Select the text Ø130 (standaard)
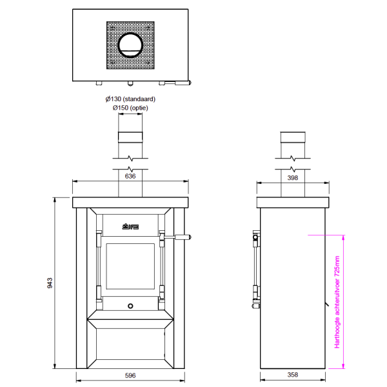(x=130, y=99)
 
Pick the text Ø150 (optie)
(x=130, y=108)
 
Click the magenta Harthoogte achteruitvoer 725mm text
(x=337, y=302)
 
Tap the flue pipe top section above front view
(x=130, y=138)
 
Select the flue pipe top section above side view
(x=293, y=138)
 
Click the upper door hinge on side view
(x=255, y=239)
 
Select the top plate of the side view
(x=293, y=203)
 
